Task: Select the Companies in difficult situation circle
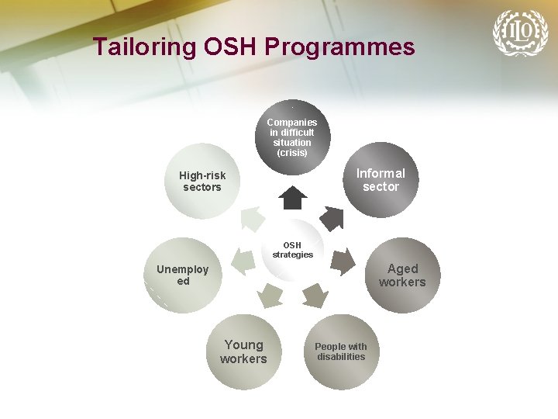click(x=292, y=137)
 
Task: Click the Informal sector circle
click(x=381, y=180)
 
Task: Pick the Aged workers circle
click(x=401, y=275)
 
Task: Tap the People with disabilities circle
click(x=341, y=351)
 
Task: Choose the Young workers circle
click(x=243, y=351)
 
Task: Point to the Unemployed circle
click(x=183, y=275)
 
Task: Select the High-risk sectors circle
click(x=201, y=181)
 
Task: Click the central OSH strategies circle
click(x=292, y=250)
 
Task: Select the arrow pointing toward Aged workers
click(x=342, y=262)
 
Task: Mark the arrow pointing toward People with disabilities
click(x=314, y=295)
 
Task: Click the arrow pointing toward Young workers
click(x=270, y=295)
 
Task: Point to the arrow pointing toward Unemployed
click(x=243, y=262)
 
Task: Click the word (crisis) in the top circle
click(x=292, y=153)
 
